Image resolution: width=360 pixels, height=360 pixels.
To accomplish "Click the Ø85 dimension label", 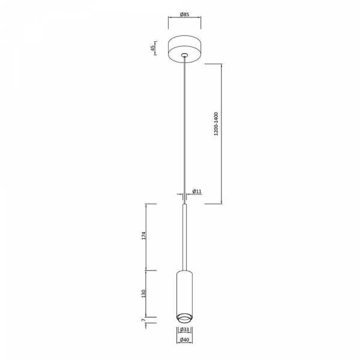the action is pyautogui.click(x=184, y=14).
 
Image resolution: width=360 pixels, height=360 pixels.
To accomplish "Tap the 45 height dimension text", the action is pyautogui.click(x=152, y=48).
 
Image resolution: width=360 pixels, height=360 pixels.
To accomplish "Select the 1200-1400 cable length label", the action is pyautogui.click(x=216, y=124).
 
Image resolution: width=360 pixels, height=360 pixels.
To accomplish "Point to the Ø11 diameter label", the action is pyautogui.click(x=197, y=191).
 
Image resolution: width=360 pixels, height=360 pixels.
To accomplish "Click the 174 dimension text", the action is pyautogui.click(x=144, y=236).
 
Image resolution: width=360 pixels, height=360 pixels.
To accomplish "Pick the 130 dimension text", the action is pyautogui.click(x=144, y=293).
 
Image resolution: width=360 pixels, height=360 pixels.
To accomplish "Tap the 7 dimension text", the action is pyautogui.click(x=143, y=320).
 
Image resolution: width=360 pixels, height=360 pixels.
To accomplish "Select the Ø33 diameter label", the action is pyautogui.click(x=185, y=329).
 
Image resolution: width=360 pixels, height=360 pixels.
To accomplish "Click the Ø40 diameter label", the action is pyautogui.click(x=185, y=340).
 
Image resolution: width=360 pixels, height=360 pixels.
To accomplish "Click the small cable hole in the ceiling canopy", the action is pyautogui.click(x=184, y=55).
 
